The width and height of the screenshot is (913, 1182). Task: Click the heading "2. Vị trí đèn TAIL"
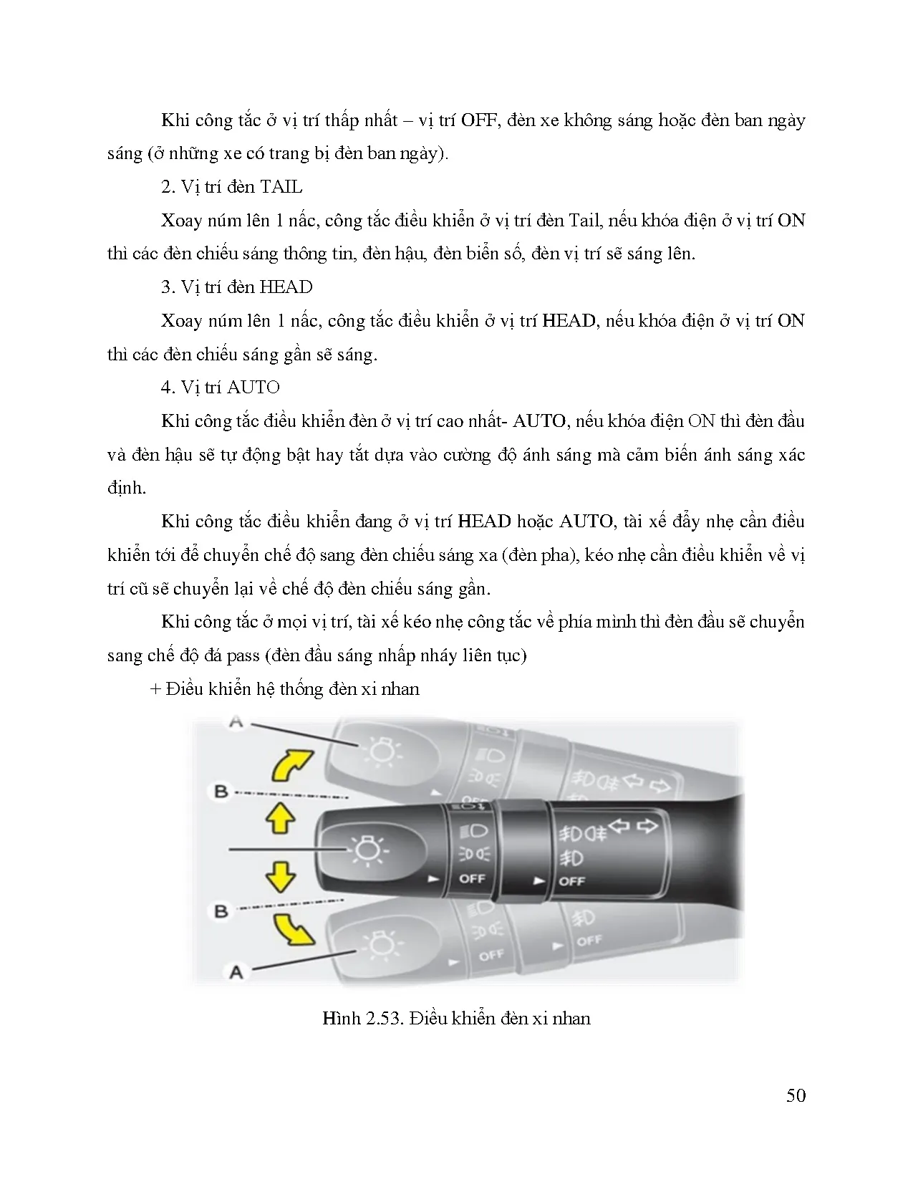click(231, 187)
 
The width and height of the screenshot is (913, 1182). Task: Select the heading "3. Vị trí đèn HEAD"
click(236, 287)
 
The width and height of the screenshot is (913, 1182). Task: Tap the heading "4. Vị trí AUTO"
click(220, 388)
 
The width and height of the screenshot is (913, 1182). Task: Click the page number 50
click(796, 1095)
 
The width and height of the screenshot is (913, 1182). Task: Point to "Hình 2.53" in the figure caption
click(358, 1018)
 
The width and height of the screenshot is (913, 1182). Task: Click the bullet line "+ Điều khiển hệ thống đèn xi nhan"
click(285, 689)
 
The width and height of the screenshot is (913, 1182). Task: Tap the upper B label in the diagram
click(221, 792)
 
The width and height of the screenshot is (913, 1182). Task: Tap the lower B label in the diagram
click(221, 911)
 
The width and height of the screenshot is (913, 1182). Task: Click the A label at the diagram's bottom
click(236, 972)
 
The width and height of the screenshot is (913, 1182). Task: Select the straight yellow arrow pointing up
click(280, 816)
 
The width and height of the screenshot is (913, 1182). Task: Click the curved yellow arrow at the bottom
click(294, 930)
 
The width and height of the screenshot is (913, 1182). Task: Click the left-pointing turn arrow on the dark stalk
click(619, 827)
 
